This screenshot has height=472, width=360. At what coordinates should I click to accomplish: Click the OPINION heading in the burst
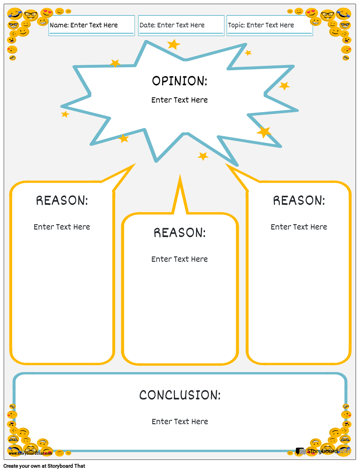180,81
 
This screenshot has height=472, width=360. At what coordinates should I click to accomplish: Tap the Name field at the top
91,25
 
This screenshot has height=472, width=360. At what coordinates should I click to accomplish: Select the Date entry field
181,25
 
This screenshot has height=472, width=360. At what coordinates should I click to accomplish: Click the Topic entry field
270,25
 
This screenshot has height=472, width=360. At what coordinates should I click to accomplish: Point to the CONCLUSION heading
180,395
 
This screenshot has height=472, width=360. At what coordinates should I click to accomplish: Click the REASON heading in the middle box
180,233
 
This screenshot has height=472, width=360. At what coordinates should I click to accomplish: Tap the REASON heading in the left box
62,201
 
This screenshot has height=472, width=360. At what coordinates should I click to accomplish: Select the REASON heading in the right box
299,201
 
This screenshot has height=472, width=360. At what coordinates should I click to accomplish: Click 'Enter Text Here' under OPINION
180,100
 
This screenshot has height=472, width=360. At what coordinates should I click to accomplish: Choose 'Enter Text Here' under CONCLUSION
180,422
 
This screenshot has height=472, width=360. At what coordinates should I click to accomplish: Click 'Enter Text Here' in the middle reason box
180,259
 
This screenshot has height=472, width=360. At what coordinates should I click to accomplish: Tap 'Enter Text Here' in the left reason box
62,227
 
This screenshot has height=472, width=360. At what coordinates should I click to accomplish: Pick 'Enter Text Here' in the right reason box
299,227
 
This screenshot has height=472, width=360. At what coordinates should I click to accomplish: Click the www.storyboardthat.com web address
30,453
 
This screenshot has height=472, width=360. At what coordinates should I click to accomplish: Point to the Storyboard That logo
323,451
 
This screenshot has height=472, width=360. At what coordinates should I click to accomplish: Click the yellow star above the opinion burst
174,44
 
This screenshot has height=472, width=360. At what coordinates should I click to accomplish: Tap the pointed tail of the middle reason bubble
180,192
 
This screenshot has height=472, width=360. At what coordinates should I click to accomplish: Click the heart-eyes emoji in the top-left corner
47,13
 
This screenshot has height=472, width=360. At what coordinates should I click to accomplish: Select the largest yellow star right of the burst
264,132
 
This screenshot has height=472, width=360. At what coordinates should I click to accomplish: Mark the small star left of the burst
65,114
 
